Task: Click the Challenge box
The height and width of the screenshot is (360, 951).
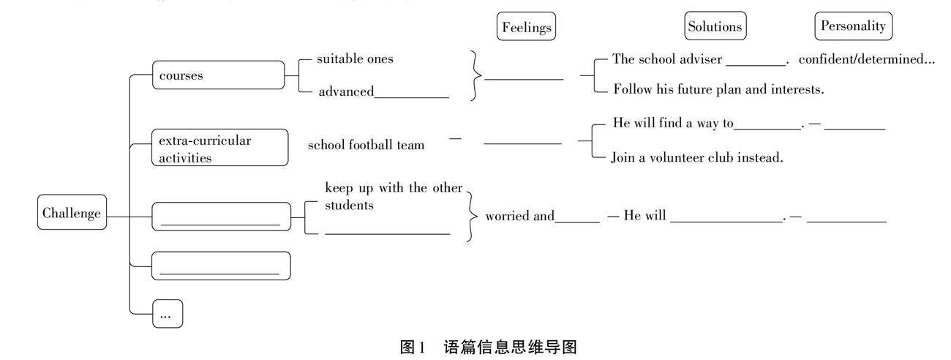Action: (x=72, y=214)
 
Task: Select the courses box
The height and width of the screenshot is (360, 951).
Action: (x=218, y=75)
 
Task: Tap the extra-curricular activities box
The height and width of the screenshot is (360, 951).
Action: (x=219, y=148)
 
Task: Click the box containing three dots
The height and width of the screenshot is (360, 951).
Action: (x=167, y=315)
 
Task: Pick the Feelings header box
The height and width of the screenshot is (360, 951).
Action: (x=525, y=27)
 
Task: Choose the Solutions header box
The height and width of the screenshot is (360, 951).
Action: (x=715, y=27)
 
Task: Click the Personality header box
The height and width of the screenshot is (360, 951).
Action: (x=853, y=26)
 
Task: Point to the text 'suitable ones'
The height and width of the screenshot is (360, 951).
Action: (x=355, y=59)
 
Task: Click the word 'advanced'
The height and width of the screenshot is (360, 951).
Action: (x=345, y=91)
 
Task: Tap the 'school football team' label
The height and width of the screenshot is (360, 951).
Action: (x=366, y=145)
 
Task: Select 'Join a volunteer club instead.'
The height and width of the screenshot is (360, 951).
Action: (x=697, y=157)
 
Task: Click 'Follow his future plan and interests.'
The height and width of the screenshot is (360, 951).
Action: (x=718, y=90)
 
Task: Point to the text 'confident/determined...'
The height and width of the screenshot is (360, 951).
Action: (x=866, y=59)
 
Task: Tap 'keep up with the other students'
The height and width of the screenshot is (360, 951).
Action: (x=394, y=196)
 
